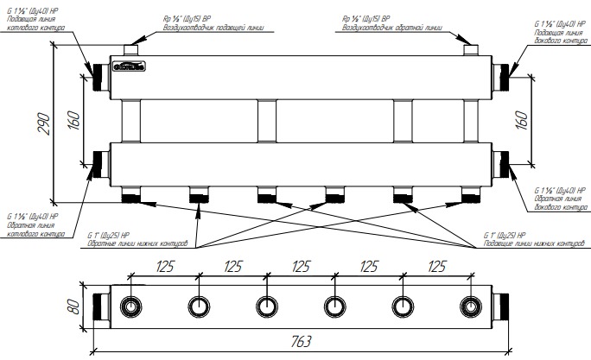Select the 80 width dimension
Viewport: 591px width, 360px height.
click(x=75, y=306)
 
